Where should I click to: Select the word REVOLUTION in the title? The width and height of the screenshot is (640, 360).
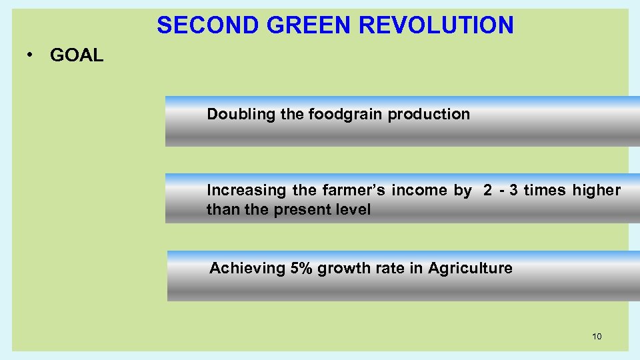(x=437, y=25)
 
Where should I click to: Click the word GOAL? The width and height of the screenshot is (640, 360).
(x=77, y=55)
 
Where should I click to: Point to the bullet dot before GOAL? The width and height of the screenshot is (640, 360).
(x=31, y=55)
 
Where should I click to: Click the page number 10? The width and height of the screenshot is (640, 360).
(x=597, y=336)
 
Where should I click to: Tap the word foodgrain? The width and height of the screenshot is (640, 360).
(x=346, y=115)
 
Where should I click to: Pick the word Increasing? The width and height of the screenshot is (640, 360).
(x=246, y=191)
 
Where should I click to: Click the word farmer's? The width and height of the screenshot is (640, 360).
(x=353, y=191)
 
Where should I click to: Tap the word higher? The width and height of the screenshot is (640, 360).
(x=596, y=191)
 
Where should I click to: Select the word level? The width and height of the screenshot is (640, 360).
(x=354, y=210)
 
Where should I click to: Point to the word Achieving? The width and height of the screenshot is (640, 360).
(x=247, y=269)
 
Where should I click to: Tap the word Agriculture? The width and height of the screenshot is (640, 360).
(x=470, y=269)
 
